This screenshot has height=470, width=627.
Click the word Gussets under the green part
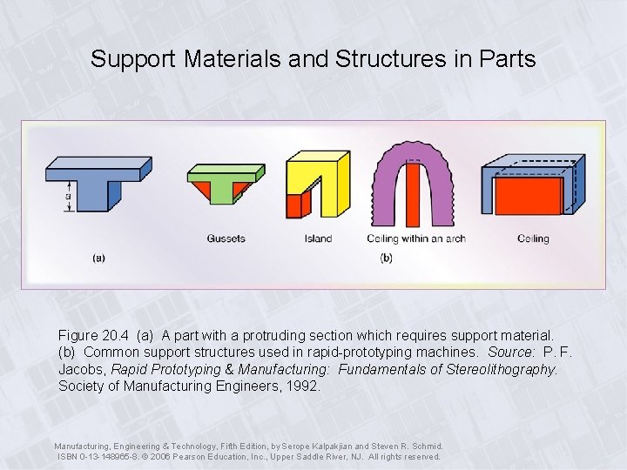pyautogui.click(x=226, y=238)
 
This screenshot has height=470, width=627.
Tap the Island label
pyautogui.click(x=318, y=238)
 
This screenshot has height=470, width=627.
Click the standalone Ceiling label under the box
pyautogui.click(x=533, y=238)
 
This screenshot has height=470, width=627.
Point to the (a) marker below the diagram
pyautogui.click(x=99, y=258)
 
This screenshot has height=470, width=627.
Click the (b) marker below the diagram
pyautogui.click(x=387, y=258)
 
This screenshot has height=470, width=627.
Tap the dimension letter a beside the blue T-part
pyautogui.click(x=68, y=196)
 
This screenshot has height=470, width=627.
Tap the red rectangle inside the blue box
pyautogui.click(x=528, y=196)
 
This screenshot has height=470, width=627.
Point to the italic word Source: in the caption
pyautogui.click(x=511, y=352)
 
